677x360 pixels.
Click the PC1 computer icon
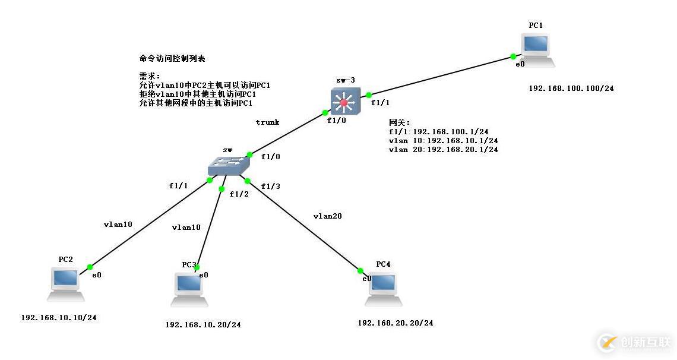[x=537, y=49]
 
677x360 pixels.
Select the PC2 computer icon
[x=66, y=283]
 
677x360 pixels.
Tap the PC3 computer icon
[x=189, y=289]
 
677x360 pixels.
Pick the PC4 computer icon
[x=383, y=289]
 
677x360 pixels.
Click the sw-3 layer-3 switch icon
[x=344, y=101]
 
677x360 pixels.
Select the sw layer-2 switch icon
[x=227, y=165]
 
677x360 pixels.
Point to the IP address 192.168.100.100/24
[x=571, y=88]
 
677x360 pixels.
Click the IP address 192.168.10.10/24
[x=58, y=317]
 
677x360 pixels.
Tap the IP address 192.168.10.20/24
[x=203, y=324]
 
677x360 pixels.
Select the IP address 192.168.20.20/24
[x=395, y=323]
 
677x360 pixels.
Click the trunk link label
[x=267, y=122]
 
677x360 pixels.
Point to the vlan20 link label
[x=327, y=216]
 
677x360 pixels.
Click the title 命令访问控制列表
[x=172, y=58]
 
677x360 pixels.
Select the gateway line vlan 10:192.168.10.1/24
[x=443, y=141]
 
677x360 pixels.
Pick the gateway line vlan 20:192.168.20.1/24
[x=443, y=150]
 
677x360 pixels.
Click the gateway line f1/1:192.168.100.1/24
[x=438, y=132]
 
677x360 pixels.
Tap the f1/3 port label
[x=270, y=187]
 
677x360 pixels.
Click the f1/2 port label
[x=239, y=194]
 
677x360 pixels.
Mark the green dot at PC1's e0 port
[x=513, y=57]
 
